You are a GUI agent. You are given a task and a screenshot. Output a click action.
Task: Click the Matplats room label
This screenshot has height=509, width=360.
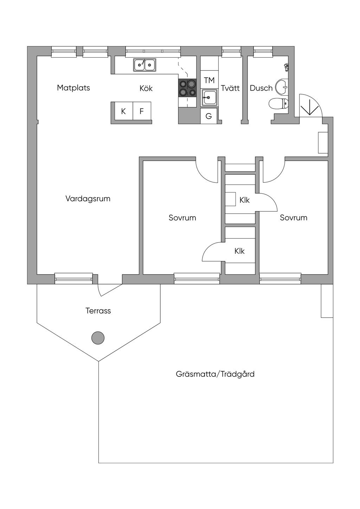[73, 88]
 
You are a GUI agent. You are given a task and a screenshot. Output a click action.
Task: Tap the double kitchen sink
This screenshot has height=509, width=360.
[145, 65]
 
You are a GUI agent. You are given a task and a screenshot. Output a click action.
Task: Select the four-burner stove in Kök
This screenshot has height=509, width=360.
[187, 88]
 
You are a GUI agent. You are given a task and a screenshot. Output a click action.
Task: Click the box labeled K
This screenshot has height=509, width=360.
[123, 111]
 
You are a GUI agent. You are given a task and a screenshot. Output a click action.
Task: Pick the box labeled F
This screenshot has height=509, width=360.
[142, 111]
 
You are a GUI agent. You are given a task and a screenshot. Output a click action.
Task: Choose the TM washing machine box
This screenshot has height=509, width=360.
[209, 80]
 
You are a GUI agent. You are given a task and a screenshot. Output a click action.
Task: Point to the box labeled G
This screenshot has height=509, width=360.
[209, 116]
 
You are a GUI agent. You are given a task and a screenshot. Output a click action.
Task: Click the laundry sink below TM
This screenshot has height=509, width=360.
[209, 97]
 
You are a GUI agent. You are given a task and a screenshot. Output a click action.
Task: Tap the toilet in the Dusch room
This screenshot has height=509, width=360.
[279, 103]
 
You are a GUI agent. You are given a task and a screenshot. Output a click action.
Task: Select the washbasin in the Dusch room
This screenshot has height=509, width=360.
[282, 86]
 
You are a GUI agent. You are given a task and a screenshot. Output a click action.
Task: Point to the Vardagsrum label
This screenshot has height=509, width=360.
[88, 199]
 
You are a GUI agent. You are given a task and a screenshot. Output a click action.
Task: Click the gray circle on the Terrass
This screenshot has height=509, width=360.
[98, 338]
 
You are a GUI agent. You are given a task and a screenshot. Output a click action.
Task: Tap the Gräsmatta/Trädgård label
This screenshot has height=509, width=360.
[215, 374]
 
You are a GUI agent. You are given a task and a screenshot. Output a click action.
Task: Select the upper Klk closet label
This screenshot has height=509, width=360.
[244, 200]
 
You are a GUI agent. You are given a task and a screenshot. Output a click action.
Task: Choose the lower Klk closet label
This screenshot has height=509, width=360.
[239, 251]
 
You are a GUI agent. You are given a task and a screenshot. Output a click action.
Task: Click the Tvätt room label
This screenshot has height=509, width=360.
[230, 88]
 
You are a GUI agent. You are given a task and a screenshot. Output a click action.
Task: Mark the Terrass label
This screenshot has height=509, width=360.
[98, 311]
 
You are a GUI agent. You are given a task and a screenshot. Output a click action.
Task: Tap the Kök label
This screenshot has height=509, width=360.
[146, 88]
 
